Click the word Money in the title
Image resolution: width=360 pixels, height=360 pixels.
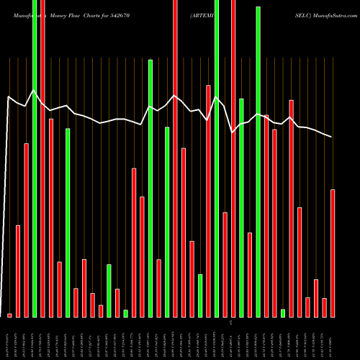click(x=61, y=14)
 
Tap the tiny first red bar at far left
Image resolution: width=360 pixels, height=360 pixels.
click(x=9, y=315)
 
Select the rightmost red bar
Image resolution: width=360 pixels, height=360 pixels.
click(x=333, y=253)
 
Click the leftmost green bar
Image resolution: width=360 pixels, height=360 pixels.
click(x=35, y=158)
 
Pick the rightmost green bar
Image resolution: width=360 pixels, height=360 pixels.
click(x=283, y=313)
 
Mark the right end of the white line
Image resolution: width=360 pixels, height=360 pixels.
click(x=332, y=137)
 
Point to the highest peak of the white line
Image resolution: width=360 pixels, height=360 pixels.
click(x=34, y=91)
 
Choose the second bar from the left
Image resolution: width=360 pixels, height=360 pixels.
click(x=18, y=271)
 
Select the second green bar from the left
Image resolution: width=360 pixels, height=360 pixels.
click(x=68, y=222)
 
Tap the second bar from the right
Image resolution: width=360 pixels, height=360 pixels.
click(x=325, y=307)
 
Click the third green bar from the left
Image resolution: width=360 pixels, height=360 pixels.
click(x=109, y=290)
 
